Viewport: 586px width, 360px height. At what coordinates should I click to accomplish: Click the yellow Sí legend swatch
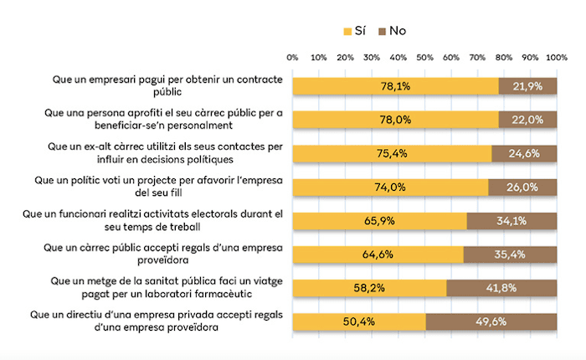click(x=348, y=31)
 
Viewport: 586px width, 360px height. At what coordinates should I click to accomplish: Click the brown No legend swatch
click(x=383, y=31)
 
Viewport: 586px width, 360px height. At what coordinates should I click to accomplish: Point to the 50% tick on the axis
click(x=424, y=58)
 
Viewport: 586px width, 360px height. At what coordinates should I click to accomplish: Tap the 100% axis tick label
click(x=557, y=58)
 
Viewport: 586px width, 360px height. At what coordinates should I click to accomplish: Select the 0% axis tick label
click(x=292, y=58)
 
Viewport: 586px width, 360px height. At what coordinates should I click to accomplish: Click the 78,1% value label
click(x=395, y=85)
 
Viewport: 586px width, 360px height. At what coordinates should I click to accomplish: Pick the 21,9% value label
click(x=527, y=85)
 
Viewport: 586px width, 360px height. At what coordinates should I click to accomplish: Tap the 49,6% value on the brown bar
click(x=491, y=321)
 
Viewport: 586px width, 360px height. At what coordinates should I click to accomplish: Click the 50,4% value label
click(x=359, y=321)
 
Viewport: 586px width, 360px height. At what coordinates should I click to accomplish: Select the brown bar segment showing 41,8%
click(x=501, y=288)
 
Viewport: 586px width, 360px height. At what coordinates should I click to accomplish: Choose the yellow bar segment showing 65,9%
click(x=379, y=220)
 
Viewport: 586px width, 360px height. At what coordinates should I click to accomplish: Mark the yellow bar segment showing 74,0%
click(x=390, y=187)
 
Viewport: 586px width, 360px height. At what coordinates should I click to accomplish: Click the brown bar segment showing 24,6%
click(x=524, y=153)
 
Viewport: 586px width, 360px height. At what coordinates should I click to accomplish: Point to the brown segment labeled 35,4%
click(x=510, y=255)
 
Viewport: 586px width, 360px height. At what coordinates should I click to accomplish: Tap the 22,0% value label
click(x=527, y=120)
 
